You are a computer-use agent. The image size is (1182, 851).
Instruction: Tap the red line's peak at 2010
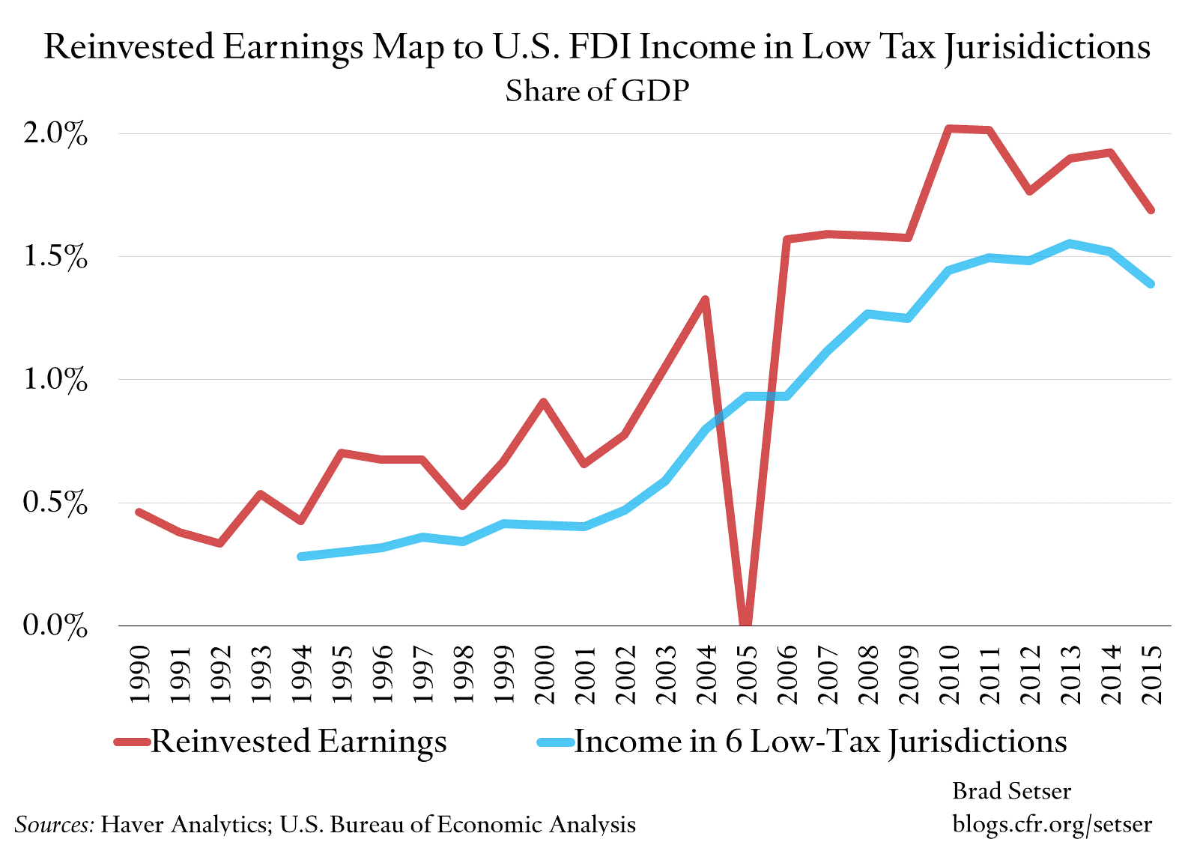pos(948,129)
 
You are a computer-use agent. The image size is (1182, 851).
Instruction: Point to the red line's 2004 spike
pos(705,300)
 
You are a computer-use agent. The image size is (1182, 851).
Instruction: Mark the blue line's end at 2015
pos(1151,284)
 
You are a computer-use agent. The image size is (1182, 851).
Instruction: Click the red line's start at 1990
pos(139,512)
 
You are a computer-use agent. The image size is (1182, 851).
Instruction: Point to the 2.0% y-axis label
pos(55,134)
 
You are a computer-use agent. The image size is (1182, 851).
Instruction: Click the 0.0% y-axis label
pos(55,626)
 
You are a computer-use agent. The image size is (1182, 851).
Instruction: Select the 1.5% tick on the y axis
pos(55,257)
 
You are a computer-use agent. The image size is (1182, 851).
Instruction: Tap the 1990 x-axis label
pos(139,674)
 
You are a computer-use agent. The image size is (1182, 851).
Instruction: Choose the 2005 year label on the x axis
pos(746,674)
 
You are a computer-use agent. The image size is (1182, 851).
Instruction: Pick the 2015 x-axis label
pos(1151,674)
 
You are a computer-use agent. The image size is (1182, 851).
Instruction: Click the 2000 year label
pos(544,674)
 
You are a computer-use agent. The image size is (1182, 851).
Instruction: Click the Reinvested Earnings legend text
pos(299,742)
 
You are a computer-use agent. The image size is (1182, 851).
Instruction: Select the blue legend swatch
pos(554,742)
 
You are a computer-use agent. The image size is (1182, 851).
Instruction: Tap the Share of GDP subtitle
pos(597,91)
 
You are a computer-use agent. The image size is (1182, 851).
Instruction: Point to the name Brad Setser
pos(1011,791)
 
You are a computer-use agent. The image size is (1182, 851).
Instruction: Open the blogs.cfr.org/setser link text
pos(1052,824)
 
